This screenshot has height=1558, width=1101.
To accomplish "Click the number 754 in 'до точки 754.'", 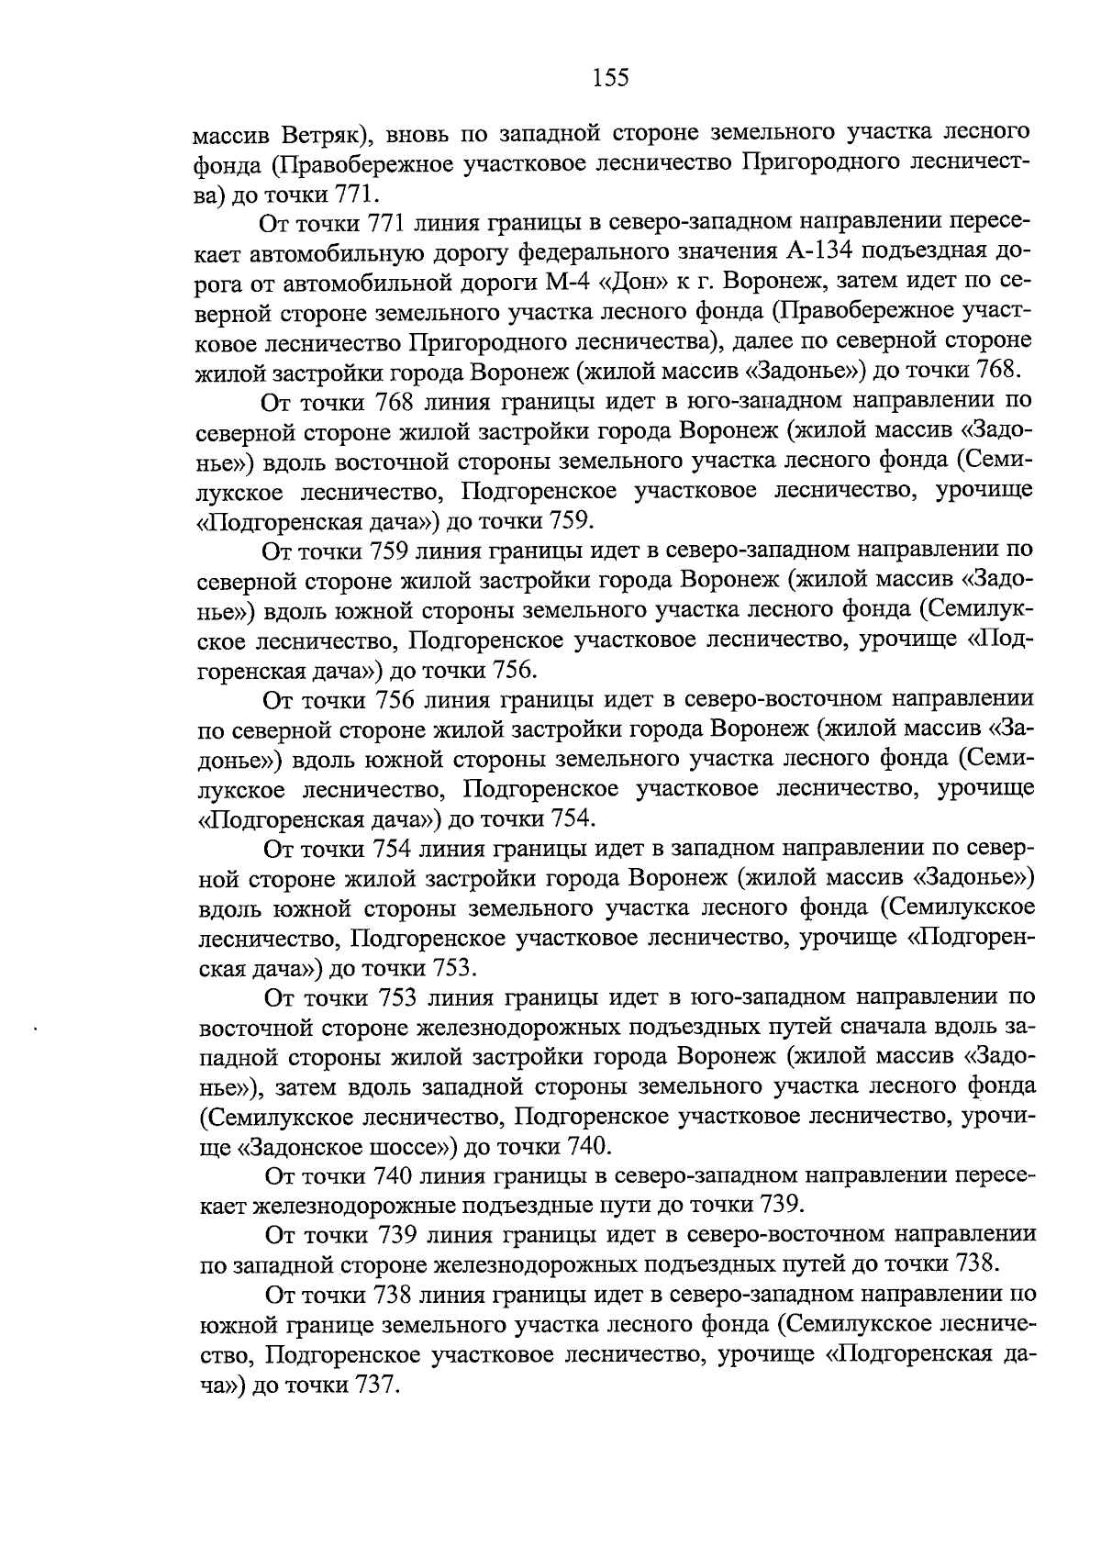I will click(x=576, y=819).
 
